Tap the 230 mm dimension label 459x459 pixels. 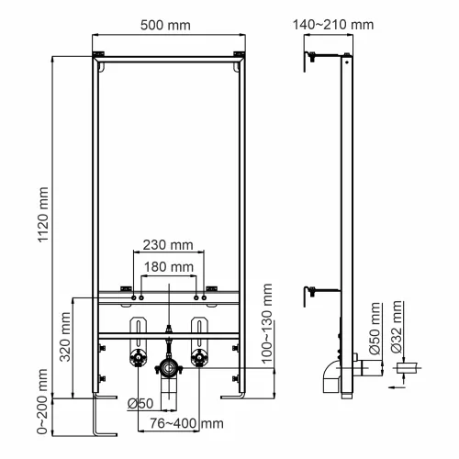coord(168,245)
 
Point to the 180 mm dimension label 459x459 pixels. coord(168,266)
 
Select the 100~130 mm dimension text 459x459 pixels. coord(267,326)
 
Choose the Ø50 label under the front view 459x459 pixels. coord(140,403)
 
